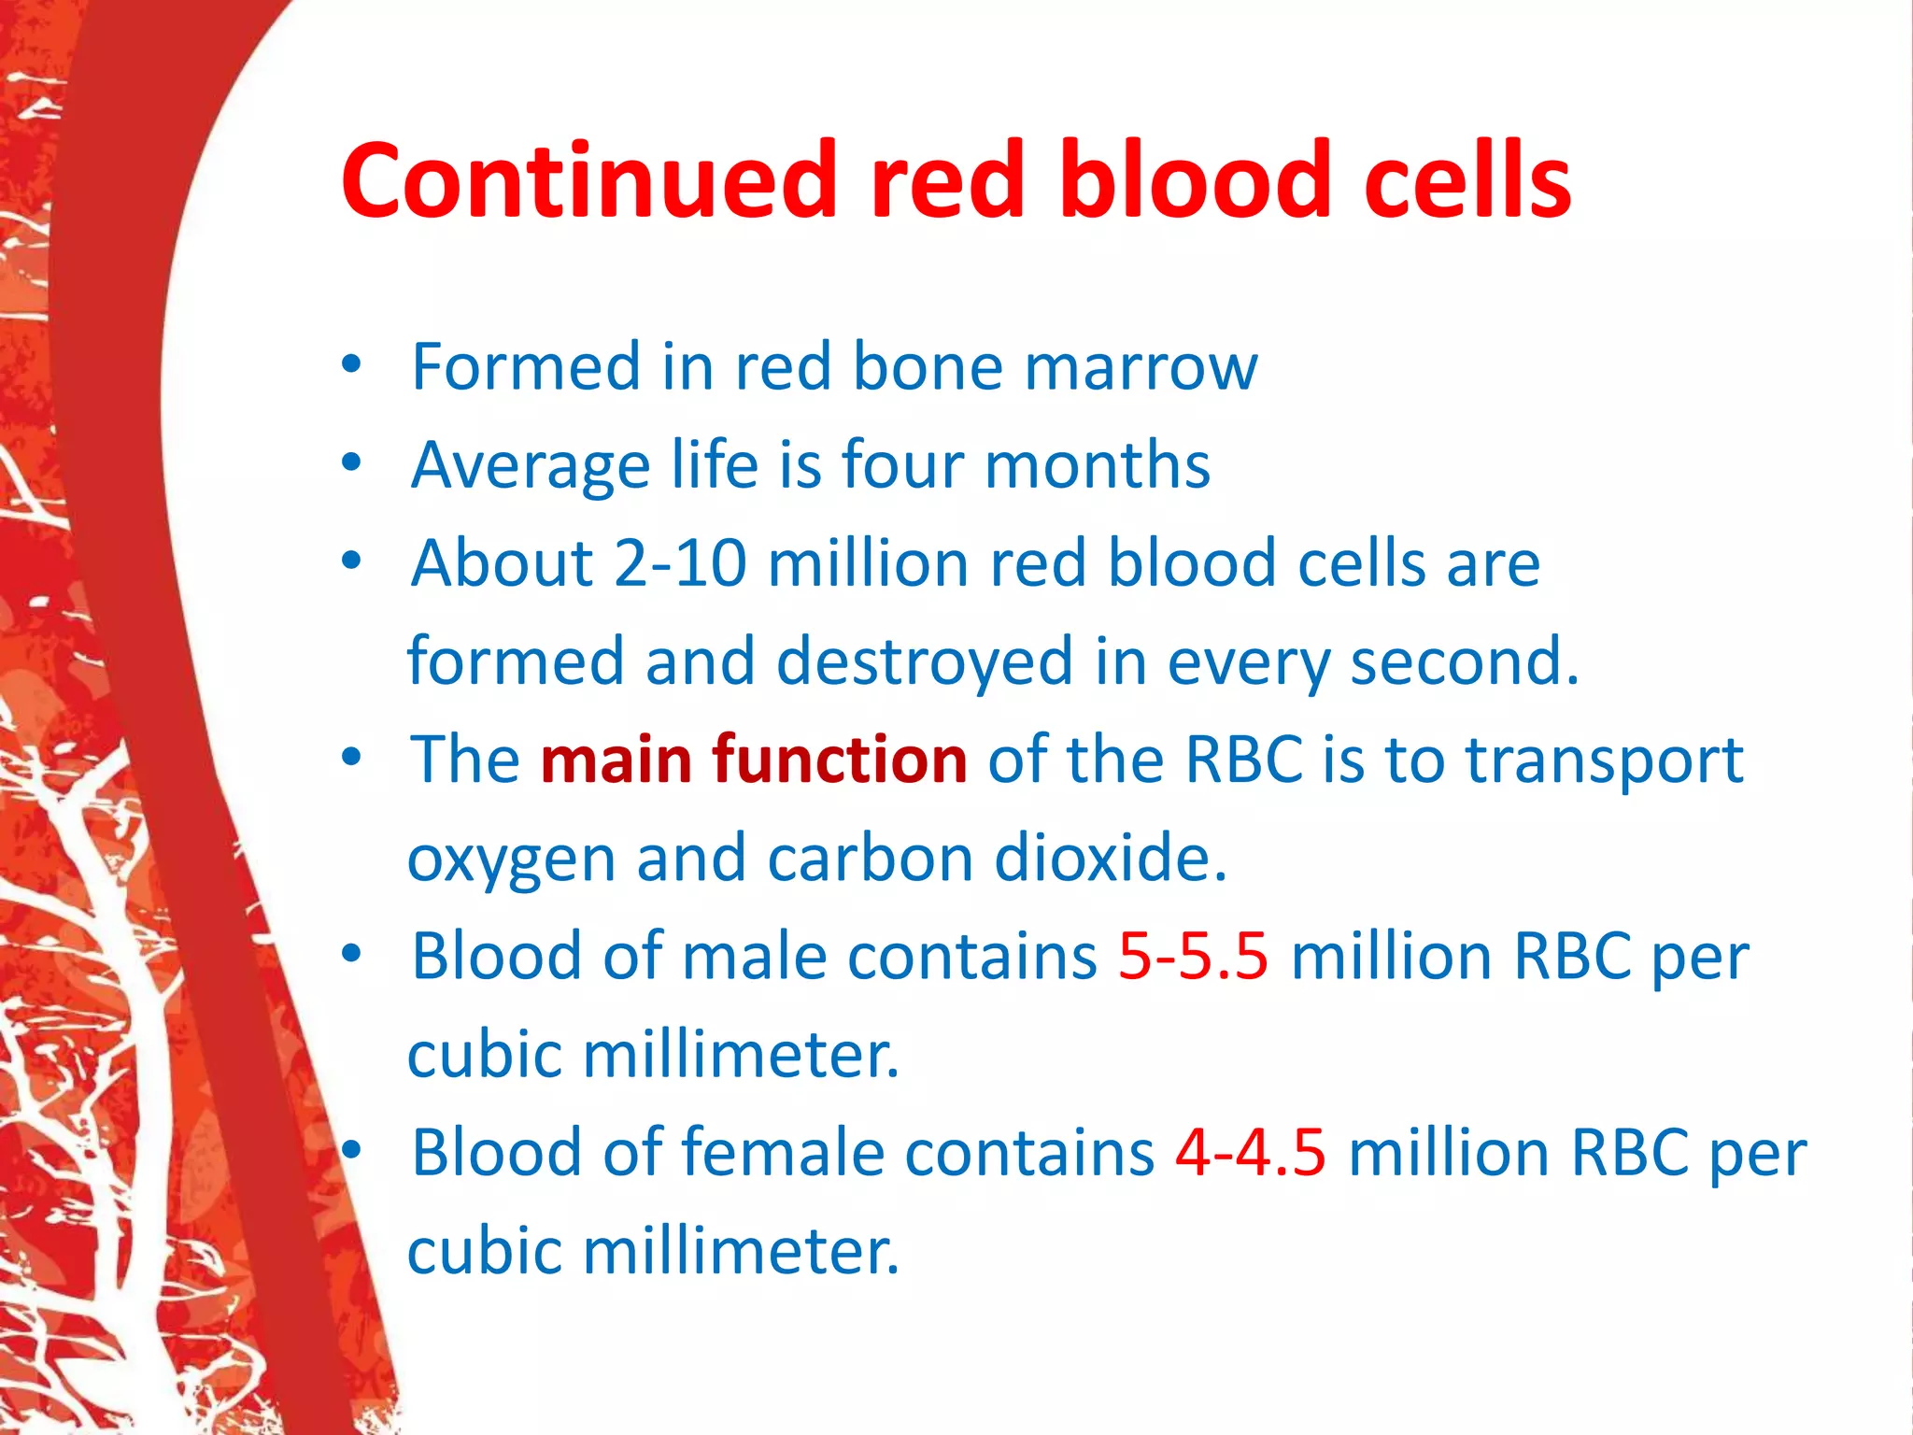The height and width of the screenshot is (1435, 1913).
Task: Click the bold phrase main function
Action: click(x=753, y=759)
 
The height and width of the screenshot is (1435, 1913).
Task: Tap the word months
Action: click(x=1097, y=464)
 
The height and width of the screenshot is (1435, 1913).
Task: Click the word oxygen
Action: click(x=511, y=860)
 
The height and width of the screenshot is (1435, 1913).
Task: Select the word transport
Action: click(x=1603, y=760)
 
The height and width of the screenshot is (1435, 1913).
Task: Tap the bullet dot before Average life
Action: click(x=351, y=463)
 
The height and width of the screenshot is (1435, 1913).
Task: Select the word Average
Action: click(x=531, y=465)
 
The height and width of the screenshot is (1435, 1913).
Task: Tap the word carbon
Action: click(x=870, y=858)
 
